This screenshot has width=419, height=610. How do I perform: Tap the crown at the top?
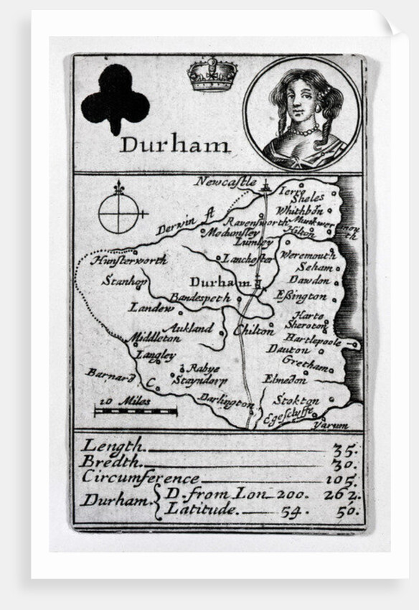pos(212,74)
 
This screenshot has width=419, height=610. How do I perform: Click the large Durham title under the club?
pos(175,144)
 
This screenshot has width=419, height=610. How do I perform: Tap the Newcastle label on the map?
pos(225,182)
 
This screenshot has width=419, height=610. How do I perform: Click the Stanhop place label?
pos(124,281)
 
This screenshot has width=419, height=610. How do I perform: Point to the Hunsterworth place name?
pos(129,260)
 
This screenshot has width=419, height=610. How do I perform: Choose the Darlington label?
pos(226,399)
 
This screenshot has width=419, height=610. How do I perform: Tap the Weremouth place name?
pos(307,255)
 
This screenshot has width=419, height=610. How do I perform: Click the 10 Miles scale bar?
pos(136,411)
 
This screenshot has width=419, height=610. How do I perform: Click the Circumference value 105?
pos(343,479)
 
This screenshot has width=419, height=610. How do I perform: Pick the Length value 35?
pos(345,450)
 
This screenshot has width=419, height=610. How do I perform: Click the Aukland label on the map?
pos(188,329)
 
